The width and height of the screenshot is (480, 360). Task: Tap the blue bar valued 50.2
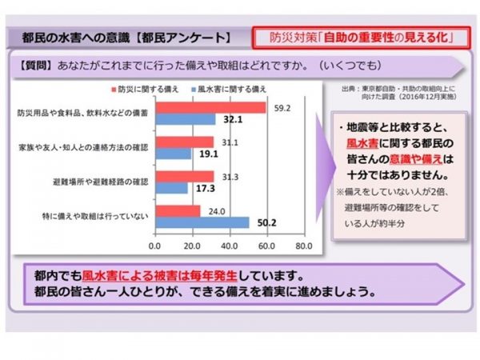click(x=202, y=222)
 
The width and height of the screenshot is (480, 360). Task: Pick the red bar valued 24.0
click(x=177, y=211)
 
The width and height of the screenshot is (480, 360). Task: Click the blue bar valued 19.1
click(x=173, y=154)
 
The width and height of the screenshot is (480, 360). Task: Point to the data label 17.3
click(x=201, y=188)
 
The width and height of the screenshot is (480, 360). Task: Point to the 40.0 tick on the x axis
click(x=229, y=244)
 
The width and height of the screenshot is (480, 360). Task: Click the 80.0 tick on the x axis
click(x=302, y=244)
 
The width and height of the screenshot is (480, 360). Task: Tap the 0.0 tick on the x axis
click(x=155, y=244)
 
